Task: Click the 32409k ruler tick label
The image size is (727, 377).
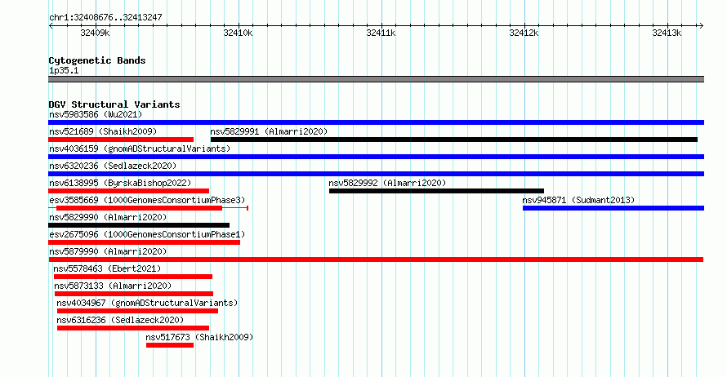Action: (x=95, y=33)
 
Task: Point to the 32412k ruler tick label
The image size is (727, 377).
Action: (x=524, y=33)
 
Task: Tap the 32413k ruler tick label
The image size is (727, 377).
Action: (x=667, y=33)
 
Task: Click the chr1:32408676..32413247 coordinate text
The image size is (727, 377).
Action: (x=105, y=18)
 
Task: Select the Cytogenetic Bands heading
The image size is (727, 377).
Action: (x=97, y=60)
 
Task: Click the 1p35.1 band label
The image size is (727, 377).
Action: (x=64, y=70)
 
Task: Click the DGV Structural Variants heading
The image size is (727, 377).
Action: (x=114, y=104)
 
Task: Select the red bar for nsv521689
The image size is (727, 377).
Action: (x=121, y=140)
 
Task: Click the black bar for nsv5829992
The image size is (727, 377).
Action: (x=436, y=191)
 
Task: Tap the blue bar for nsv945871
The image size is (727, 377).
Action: (x=613, y=208)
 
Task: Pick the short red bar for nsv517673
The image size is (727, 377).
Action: (x=170, y=345)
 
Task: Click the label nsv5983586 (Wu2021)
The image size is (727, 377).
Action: (x=96, y=114)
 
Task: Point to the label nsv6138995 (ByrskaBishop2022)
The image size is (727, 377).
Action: (x=120, y=183)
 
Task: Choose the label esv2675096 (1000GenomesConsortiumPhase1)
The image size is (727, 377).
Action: (x=147, y=234)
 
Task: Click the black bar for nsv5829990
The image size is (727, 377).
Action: (x=139, y=225)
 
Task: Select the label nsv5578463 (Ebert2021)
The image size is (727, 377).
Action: (x=107, y=268)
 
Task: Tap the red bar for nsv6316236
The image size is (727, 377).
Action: (x=133, y=328)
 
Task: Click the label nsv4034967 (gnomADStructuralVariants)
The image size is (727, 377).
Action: (x=147, y=303)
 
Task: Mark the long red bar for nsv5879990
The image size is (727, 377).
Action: (x=376, y=259)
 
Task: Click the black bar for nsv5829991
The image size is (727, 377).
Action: (x=454, y=140)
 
